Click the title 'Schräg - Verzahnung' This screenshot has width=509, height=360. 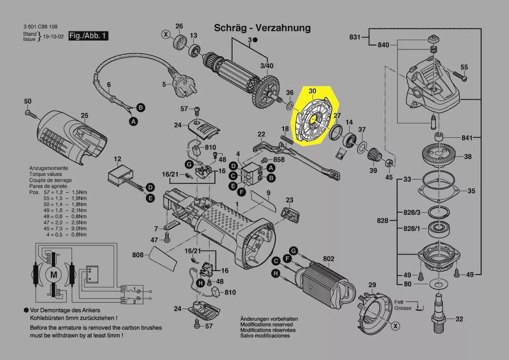(x=262, y=28)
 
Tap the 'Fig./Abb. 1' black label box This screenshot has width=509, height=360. (x=88, y=36)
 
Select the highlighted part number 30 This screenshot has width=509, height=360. (x=312, y=91)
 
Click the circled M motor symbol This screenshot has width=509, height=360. (x=54, y=275)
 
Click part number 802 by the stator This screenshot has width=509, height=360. (x=328, y=259)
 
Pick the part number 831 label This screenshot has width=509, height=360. (x=355, y=37)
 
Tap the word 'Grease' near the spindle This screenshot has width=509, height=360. (x=403, y=308)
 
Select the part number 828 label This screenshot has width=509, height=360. (x=382, y=221)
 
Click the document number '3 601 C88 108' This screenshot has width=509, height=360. (x=40, y=27)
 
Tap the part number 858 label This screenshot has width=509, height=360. (x=279, y=160)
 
